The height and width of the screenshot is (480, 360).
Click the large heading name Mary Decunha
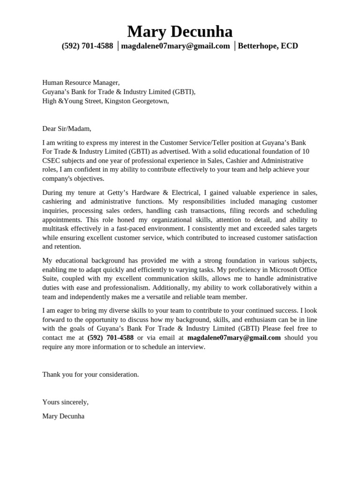tap(180, 32)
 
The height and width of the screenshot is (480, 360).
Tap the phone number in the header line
tap(87, 46)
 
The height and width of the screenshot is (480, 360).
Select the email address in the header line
tap(175, 46)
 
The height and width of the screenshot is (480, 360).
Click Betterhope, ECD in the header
tap(268, 46)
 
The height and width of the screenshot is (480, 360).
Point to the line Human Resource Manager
tap(81, 82)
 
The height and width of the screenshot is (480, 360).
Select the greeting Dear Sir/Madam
tap(67, 128)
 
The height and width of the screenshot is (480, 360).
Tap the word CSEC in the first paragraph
tap(52, 161)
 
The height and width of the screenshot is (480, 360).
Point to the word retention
tap(68, 247)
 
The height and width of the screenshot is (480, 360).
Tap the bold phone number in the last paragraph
tap(111, 337)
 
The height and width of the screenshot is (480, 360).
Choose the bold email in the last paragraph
tap(234, 337)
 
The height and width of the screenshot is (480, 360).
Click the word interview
tap(190, 347)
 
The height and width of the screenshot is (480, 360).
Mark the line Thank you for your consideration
tap(90, 375)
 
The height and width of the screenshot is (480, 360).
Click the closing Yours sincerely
tap(65, 402)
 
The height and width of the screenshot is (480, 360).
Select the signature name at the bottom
tap(63, 416)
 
